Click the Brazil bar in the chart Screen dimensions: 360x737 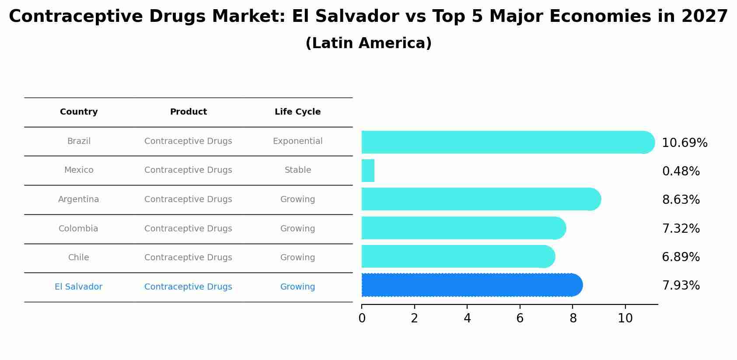[x=507, y=142]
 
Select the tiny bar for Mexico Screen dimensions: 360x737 [x=368, y=171]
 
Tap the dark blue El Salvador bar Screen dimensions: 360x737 [x=472, y=285]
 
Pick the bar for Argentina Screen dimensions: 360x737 [x=481, y=199]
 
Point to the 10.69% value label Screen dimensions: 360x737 [x=685, y=143]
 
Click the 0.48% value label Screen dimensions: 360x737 [x=681, y=171]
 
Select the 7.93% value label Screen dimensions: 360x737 [x=681, y=286]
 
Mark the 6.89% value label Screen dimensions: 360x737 [x=681, y=257]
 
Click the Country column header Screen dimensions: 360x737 [x=79, y=112]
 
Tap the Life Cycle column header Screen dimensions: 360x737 [x=297, y=112]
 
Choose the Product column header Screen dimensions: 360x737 [x=188, y=112]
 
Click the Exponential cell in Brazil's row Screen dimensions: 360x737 [x=297, y=141]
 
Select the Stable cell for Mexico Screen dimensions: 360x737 [x=297, y=170]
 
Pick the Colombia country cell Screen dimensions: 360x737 [x=78, y=229]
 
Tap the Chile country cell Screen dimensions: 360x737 [x=78, y=258]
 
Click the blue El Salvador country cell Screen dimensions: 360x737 [x=78, y=287]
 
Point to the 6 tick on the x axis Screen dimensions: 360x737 [x=520, y=318]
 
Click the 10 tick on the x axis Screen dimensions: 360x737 [x=625, y=318]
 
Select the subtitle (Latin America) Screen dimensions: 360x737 [x=368, y=43]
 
